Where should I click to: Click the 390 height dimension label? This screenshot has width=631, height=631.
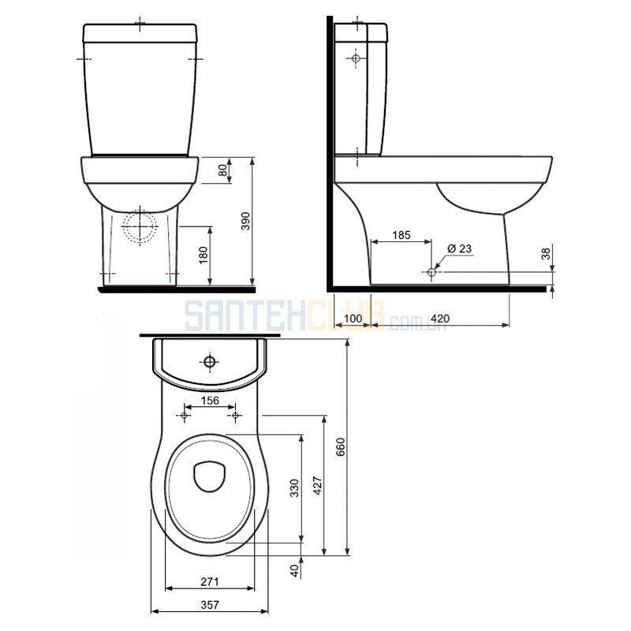[245, 221]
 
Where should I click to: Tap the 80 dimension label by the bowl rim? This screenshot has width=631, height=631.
[222, 170]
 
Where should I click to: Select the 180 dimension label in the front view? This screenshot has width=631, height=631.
[203, 255]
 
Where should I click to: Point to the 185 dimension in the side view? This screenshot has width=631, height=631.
[401, 234]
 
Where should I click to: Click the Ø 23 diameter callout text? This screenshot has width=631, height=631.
[459, 248]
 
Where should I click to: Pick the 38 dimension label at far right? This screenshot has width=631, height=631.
[545, 254]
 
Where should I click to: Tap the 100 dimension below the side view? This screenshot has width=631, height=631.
[353, 319]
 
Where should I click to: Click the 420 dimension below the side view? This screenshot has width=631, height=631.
[440, 319]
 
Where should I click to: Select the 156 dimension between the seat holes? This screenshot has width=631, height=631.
[210, 401]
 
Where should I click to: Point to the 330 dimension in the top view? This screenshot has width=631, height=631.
[295, 487]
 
